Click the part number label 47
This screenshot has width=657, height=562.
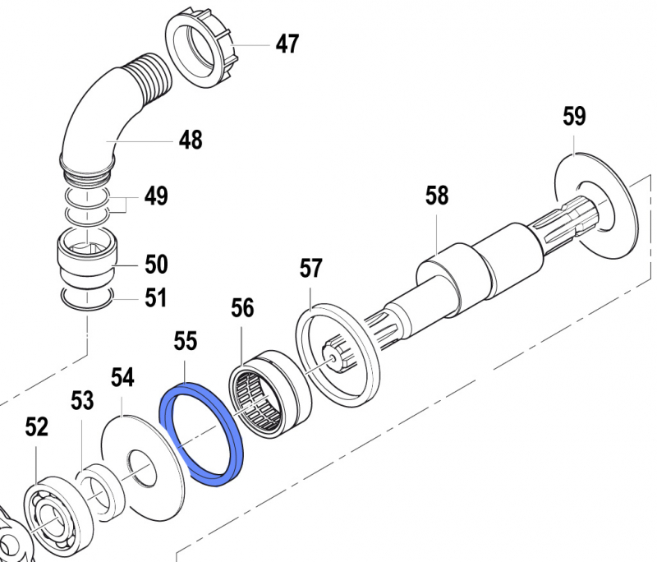coord(287,44)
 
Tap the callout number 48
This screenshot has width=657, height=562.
coord(191,140)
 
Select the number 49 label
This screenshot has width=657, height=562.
coord(156,196)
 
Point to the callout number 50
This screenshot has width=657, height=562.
coord(156,265)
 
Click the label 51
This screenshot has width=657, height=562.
coord(156,297)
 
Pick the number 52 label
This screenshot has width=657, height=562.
coord(37,426)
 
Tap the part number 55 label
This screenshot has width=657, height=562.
coord(186,341)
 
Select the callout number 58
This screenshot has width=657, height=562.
coord(437,196)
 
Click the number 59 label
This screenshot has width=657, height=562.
coord(574,116)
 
